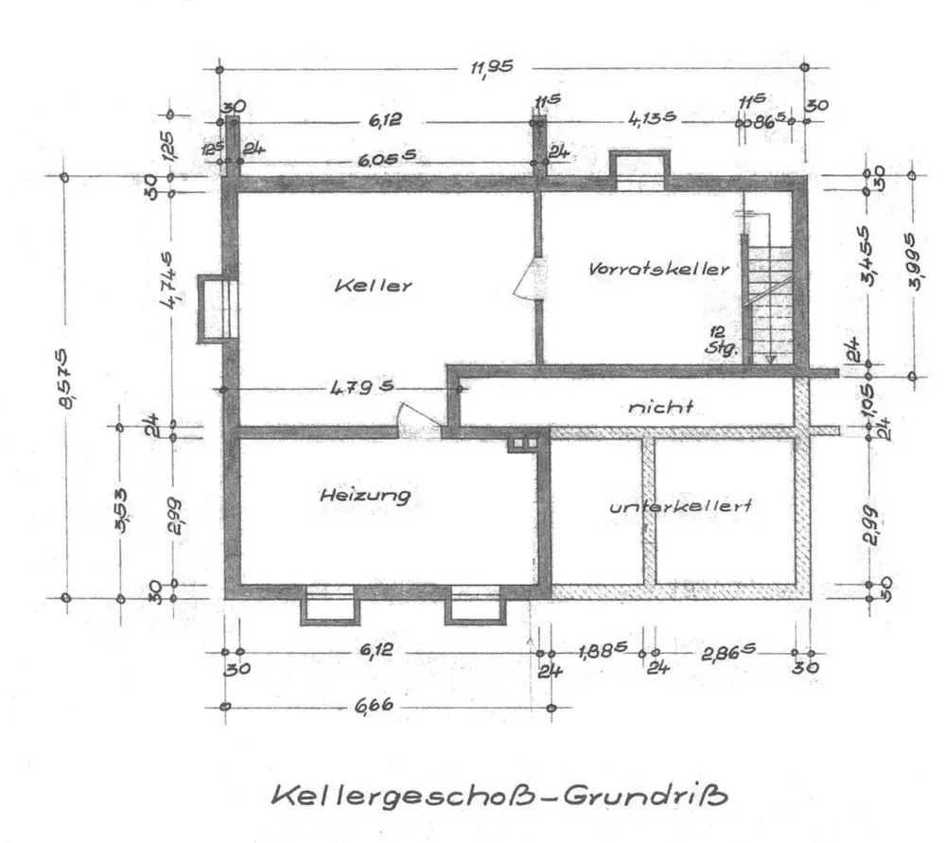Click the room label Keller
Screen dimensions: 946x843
(x=373, y=285)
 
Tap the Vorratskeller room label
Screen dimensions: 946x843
(x=659, y=269)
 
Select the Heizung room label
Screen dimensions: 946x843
(x=364, y=495)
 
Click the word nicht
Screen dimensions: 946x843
(x=661, y=408)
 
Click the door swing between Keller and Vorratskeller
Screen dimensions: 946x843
(x=526, y=281)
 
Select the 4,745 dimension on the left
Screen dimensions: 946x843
(x=170, y=284)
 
